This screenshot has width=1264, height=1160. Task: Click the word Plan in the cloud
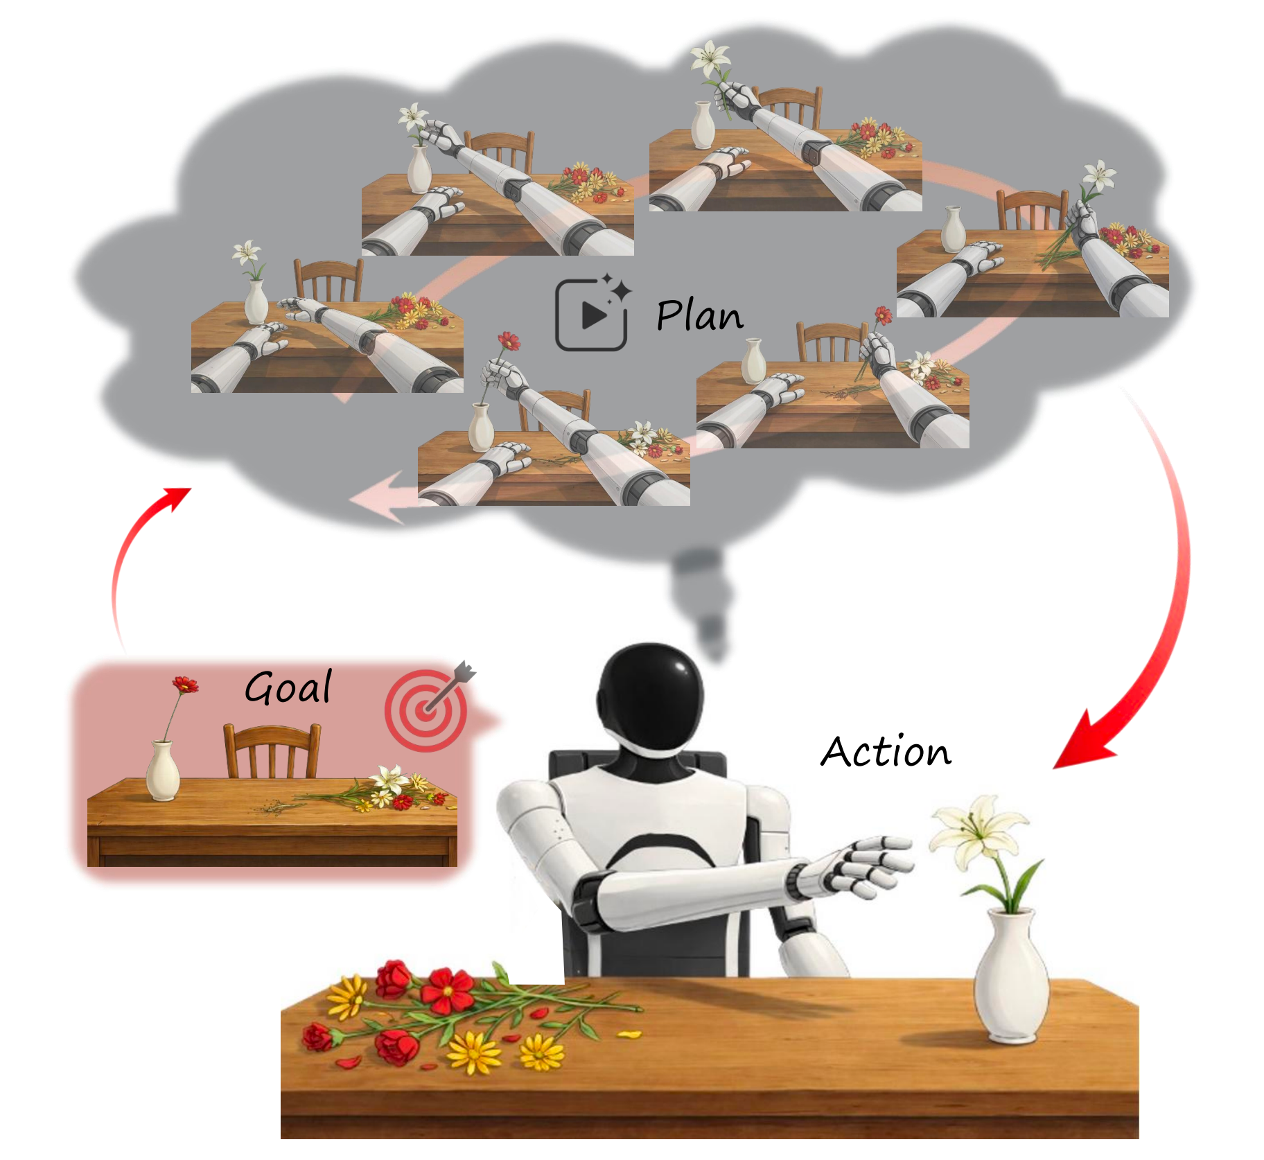click(699, 316)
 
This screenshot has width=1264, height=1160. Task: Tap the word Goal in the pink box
click(288, 687)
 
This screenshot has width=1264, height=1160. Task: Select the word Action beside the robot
click(886, 751)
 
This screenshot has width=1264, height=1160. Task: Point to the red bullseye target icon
click(425, 711)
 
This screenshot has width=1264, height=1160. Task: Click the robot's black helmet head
click(650, 693)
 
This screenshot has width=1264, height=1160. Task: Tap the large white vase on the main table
click(1011, 977)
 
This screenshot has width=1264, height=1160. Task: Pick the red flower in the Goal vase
click(184, 686)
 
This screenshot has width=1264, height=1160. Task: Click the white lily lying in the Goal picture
click(388, 779)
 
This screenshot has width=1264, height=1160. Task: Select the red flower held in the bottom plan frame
click(509, 341)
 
